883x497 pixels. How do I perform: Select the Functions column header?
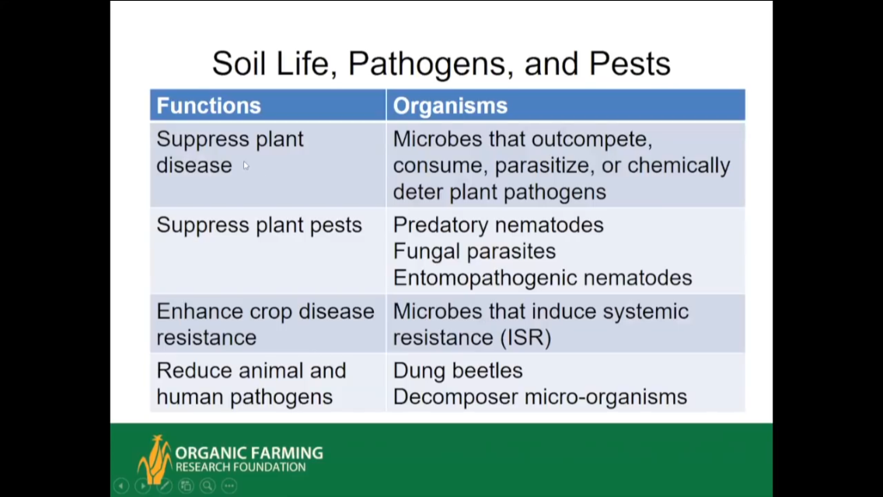coord(209,106)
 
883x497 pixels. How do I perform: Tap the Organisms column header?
coord(450,106)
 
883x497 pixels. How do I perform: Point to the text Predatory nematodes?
coord(497,225)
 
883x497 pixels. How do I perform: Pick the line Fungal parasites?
coord(474,251)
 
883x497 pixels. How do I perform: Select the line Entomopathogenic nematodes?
coord(543,277)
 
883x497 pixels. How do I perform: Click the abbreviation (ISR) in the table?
coord(525,338)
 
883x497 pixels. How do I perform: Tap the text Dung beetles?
coord(458,370)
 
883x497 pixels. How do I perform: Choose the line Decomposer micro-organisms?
coord(540,397)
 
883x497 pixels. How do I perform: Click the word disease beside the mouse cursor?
coord(194,165)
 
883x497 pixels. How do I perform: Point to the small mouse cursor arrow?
coord(246,165)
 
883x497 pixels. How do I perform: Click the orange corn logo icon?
coord(154,459)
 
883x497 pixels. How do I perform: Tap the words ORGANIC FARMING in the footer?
coord(249,453)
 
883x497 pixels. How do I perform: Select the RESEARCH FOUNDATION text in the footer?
coord(240,467)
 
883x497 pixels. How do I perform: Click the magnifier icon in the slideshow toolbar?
coord(208,485)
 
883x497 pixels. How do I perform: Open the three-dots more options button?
coord(229,485)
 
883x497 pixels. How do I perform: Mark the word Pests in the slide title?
coord(630,64)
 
